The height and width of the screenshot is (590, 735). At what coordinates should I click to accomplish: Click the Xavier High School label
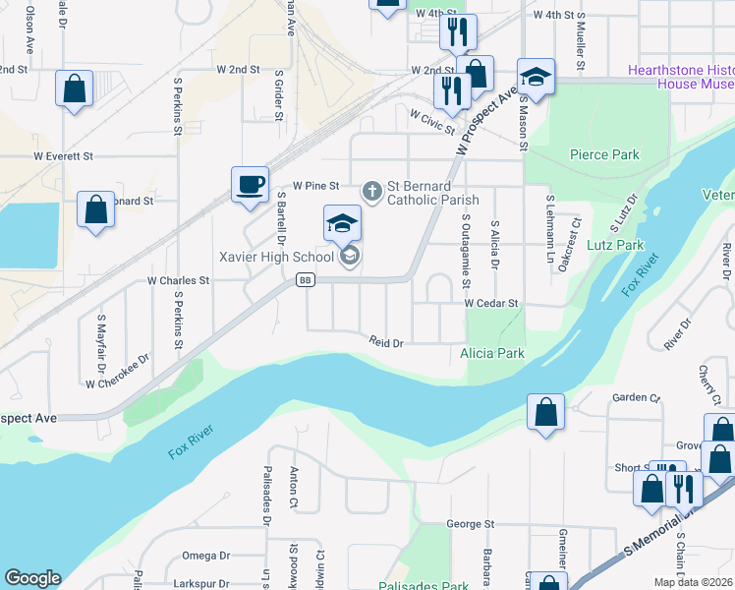click(x=278, y=257)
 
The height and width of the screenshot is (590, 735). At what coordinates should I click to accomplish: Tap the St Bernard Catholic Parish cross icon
click(x=372, y=190)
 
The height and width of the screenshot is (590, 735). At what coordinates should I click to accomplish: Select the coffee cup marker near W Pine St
click(x=250, y=184)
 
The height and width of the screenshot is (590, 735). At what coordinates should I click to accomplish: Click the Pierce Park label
click(x=604, y=154)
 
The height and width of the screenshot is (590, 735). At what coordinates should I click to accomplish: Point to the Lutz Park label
click(x=615, y=245)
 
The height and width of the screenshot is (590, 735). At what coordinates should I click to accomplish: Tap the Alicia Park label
click(x=492, y=353)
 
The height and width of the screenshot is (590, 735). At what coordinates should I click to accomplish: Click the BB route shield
click(x=306, y=280)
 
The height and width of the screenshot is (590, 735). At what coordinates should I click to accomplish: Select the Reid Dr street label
click(x=387, y=342)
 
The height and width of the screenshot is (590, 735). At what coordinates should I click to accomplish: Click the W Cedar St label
click(x=491, y=304)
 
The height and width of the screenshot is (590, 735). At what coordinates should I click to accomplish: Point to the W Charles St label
click(x=179, y=280)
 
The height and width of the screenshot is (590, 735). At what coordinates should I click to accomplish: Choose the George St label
click(x=470, y=525)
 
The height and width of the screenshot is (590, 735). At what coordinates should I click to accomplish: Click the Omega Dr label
click(x=205, y=556)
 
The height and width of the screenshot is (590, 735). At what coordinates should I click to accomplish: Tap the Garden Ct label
click(x=635, y=398)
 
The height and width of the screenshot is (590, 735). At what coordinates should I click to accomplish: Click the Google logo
click(x=32, y=578)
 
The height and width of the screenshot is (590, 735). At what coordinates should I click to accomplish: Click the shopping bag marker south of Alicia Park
click(x=545, y=414)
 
